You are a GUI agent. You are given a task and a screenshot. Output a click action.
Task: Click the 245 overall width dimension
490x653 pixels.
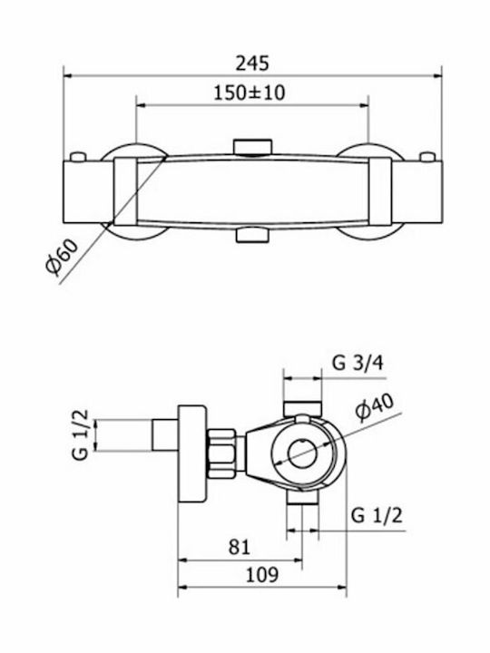(x=252, y=63)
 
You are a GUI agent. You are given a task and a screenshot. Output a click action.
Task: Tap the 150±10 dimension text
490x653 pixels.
(x=250, y=93)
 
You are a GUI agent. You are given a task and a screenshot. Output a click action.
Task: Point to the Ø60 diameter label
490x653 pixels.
(x=62, y=258)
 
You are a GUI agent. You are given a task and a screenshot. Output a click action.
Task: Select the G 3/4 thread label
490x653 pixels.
(x=358, y=363)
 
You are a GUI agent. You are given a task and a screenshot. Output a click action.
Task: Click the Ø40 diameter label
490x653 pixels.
(x=375, y=407)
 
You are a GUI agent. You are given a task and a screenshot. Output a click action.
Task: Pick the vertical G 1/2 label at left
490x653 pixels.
(x=81, y=434)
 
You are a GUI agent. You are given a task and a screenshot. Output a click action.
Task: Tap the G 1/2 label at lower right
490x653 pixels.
(x=377, y=515)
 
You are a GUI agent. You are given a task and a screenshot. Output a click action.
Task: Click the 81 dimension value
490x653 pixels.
(x=240, y=547)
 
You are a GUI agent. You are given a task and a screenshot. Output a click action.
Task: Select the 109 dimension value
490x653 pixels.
(x=261, y=575)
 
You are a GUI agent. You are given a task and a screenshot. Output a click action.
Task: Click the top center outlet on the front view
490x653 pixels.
(x=253, y=147)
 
